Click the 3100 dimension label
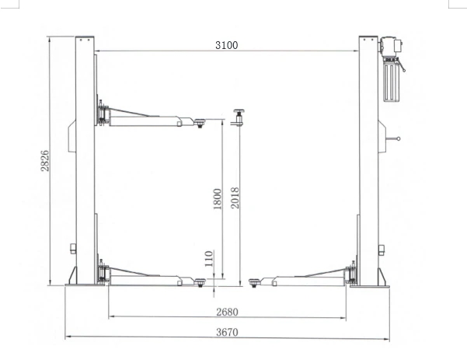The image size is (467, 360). point(227,45)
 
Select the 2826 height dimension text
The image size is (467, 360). point(44,161)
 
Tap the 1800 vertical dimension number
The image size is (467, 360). point(218,199)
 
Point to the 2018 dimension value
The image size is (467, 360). point(235,197)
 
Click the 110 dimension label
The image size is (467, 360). point(209,259)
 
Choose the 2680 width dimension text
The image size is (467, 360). point(227,312)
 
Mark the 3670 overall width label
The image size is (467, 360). point(227,332)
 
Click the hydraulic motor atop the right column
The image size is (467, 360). point(391,47)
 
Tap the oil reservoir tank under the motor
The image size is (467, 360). point(391,80)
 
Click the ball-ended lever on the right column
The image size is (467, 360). point(393,138)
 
